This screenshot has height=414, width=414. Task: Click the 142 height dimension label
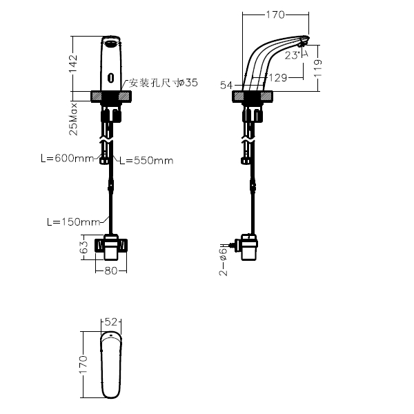pos(72,63)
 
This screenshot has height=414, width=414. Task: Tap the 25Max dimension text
pos(73,119)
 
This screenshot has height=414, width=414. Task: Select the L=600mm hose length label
pos(68,158)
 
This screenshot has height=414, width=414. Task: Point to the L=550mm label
pos(146,160)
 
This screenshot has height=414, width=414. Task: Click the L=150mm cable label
pos(73,221)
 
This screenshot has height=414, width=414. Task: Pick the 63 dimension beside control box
pos(84,247)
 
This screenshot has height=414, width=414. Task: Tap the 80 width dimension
pos(111,270)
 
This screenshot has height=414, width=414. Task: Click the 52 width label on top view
pos(111,322)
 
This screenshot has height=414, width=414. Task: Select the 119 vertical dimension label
pos(318,68)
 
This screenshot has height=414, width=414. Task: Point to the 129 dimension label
pos(278,77)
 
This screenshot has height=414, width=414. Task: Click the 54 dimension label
pos(226,85)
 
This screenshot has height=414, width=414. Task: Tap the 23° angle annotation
pos(293,55)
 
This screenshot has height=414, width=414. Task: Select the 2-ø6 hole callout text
pos(223,262)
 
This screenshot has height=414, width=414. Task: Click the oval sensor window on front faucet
pos(111,77)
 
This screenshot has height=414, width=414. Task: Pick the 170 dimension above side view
pos(275,14)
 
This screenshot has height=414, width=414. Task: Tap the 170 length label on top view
pos(83,364)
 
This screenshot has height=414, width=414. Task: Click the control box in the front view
pos(111,247)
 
